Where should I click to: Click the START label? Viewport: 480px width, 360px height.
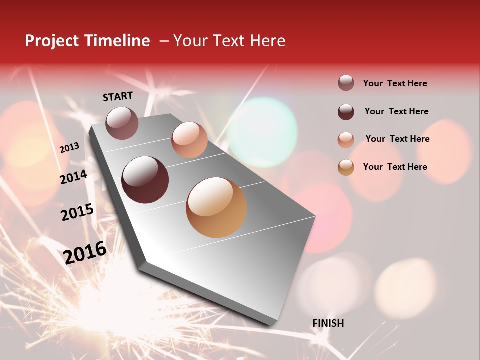pyautogui.click(x=118, y=96)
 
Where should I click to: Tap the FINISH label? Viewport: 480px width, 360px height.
pyautogui.click(x=328, y=323)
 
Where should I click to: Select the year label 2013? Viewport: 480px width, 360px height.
pyautogui.click(x=70, y=148)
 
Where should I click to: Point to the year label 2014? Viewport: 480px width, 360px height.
pyautogui.click(x=74, y=177)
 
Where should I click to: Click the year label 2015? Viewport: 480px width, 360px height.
pyautogui.click(x=77, y=212)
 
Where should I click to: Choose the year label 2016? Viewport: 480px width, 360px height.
pyautogui.click(x=85, y=252)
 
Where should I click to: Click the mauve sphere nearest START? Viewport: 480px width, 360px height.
pyautogui.click(x=122, y=123)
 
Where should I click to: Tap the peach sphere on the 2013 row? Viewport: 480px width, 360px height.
pyautogui.click(x=189, y=140)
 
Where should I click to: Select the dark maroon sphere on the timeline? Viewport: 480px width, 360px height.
pyautogui.click(x=145, y=180)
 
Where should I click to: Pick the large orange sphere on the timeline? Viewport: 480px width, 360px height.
pyautogui.click(x=216, y=207)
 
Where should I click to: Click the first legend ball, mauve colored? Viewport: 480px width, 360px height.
pyautogui.click(x=346, y=83)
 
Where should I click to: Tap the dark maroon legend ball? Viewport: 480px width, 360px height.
pyautogui.click(x=346, y=112)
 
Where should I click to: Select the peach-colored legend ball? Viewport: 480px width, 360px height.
pyautogui.click(x=346, y=139)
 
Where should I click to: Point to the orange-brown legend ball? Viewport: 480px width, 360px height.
pyautogui.click(x=346, y=167)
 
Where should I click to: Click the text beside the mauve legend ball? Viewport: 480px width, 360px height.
pyautogui.click(x=395, y=83)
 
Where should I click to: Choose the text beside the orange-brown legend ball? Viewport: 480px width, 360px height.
pyautogui.click(x=395, y=167)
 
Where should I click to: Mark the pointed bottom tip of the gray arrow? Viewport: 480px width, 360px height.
pyautogui.click(x=272, y=325)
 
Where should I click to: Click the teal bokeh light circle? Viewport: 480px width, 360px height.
pyautogui.click(x=262, y=131)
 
